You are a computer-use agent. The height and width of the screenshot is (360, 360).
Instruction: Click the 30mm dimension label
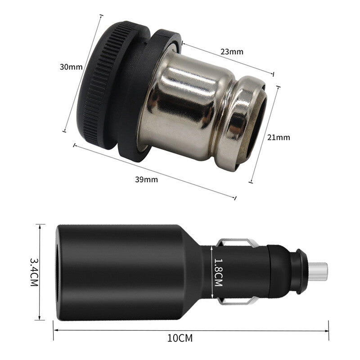71,67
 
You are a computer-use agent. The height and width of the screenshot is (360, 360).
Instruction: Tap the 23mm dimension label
232,52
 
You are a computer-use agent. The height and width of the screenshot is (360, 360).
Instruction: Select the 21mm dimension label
279,137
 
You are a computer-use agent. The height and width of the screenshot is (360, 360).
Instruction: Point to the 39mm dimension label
147,179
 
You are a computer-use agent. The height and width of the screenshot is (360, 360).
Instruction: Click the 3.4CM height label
34,272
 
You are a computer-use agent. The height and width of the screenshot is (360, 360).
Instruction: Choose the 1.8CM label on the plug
218,272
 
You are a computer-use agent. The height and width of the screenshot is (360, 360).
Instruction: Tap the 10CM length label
180,338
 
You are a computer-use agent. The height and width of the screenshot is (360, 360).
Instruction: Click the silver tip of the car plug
318,272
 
